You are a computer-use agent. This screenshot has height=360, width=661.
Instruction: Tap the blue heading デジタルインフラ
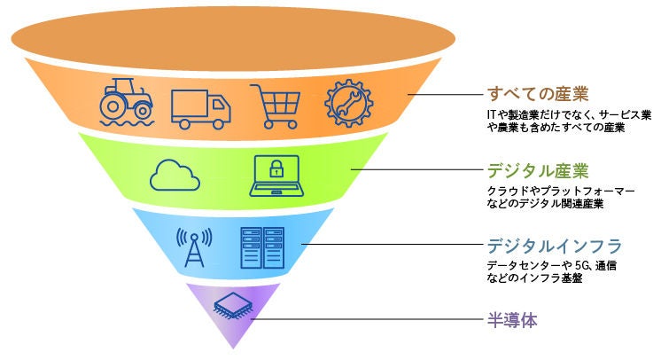[542, 244]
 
